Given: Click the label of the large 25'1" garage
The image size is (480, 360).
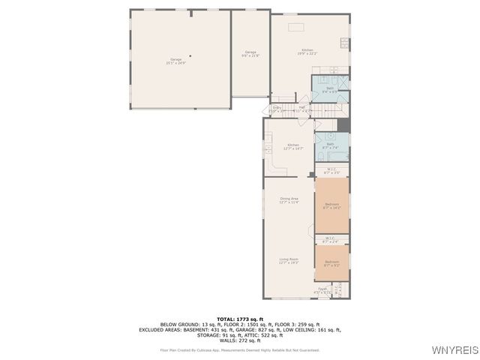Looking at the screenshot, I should click(x=175, y=61).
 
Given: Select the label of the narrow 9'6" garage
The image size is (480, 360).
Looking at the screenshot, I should click(x=250, y=53).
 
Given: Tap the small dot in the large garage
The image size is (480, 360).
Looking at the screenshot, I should click(x=190, y=55).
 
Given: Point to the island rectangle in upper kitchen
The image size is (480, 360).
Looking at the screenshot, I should click(x=296, y=27).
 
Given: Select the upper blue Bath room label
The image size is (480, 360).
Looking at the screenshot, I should click(x=330, y=89).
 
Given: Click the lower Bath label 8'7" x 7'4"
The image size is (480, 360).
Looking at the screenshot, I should click(x=330, y=145).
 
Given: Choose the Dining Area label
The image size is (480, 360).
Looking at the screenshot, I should click(x=289, y=200).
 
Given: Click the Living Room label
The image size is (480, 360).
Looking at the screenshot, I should click(x=289, y=260).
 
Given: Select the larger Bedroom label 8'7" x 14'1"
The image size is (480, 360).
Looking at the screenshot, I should click(x=331, y=205).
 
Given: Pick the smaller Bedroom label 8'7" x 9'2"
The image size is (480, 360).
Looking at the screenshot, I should click(x=331, y=263).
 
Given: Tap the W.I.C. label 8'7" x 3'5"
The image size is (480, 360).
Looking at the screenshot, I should click(x=331, y=171).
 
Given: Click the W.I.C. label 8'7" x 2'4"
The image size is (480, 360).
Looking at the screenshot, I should click(x=331, y=240).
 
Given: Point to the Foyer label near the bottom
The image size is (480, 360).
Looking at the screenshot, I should click(x=322, y=290).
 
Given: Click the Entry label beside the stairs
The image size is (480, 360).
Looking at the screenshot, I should click(x=277, y=109).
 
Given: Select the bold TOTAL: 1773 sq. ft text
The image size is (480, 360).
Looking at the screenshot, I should click(x=240, y=319).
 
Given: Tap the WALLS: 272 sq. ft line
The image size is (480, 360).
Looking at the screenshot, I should click(x=240, y=340).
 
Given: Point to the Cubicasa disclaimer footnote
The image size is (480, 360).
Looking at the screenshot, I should click(x=240, y=349).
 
